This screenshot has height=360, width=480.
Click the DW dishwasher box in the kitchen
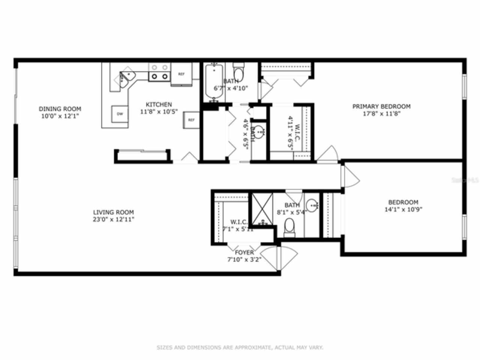tap(120, 114)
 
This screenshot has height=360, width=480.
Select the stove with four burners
tap(159, 72)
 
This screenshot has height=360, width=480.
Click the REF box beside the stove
tap(181, 74)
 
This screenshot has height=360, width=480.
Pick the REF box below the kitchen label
tap(191, 120)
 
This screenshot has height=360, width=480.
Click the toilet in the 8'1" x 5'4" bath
tap(289, 228)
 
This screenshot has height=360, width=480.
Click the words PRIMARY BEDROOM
tap(381, 106)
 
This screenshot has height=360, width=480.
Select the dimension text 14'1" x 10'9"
tap(403, 210)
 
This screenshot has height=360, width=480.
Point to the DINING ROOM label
tap(60, 109)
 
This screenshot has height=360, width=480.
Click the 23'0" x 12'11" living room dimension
tap(114, 219)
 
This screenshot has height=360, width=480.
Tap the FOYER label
tap(244, 252)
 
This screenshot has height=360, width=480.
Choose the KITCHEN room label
tap(159, 105)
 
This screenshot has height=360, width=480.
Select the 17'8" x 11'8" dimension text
tap(381, 114)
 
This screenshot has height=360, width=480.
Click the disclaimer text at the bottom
tap(240, 348)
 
